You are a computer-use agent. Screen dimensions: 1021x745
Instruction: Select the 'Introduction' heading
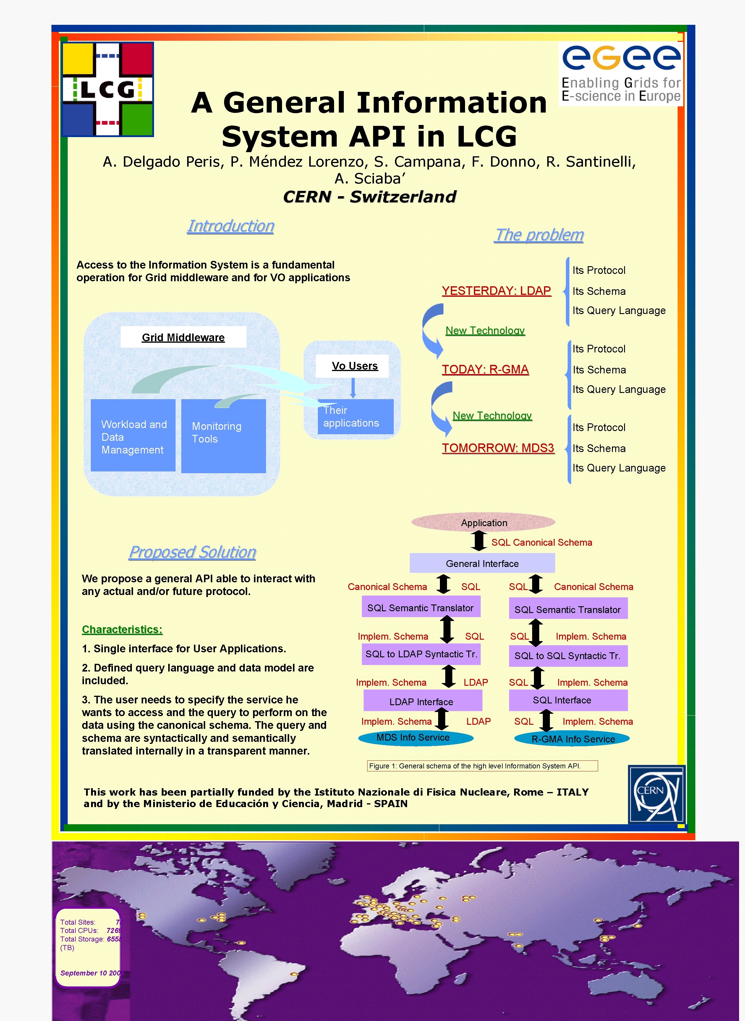[x=230, y=226]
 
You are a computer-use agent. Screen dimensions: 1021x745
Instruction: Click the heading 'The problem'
[x=539, y=235]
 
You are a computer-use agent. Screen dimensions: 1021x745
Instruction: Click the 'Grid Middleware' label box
[x=183, y=337]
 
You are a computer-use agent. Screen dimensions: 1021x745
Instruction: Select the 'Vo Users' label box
[x=354, y=366]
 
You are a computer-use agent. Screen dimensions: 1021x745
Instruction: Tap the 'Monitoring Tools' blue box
[x=223, y=436]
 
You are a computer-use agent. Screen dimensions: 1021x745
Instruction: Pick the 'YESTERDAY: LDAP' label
[x=496, y=291]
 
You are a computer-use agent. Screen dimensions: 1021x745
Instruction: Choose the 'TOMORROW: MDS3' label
[x=498, y=448]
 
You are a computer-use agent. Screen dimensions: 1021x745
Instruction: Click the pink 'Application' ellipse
[x=483, y=523]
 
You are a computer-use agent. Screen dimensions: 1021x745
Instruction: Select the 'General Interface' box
[x=482, y=563]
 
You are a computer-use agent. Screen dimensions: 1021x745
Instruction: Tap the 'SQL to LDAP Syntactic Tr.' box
[x=421, y=654]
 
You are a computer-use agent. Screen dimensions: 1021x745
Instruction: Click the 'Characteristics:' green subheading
[x=122, y=630]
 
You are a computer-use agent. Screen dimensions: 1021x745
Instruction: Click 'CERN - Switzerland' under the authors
[x=369, y=197]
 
